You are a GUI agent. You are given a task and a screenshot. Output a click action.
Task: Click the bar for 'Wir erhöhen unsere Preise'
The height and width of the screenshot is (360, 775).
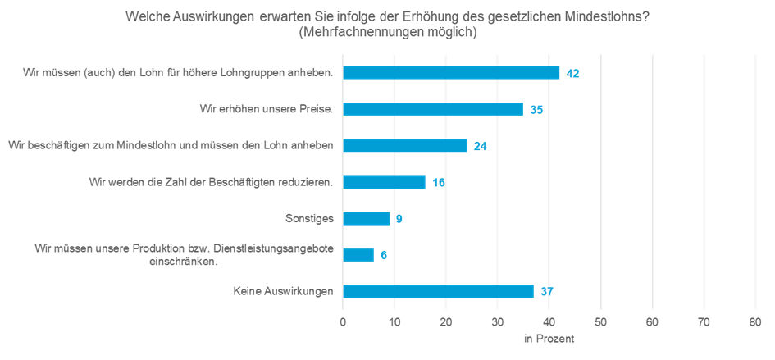click(432, 109)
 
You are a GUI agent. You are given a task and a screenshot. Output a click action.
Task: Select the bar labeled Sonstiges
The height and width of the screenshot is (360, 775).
click(366, 218)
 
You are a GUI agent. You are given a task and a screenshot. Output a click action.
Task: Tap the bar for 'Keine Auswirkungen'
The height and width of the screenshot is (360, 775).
click(438, 291)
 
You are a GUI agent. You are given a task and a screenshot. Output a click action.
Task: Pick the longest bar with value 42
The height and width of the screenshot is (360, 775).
click(451, 73)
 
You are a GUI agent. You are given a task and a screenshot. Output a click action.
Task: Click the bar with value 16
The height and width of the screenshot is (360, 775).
click(384, 182)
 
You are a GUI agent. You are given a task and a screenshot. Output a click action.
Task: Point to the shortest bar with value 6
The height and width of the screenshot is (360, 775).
click(358, 255)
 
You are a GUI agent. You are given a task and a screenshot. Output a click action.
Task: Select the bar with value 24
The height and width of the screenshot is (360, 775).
click(404, 146)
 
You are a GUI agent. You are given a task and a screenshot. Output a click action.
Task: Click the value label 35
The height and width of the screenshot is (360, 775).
click(536, 110)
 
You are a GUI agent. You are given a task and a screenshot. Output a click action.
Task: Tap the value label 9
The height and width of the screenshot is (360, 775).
click(399, 219)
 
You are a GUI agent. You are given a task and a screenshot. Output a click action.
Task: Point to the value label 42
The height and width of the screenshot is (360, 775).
click(572, 74)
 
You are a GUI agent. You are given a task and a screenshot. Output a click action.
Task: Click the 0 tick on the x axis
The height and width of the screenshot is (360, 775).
click(343, 322)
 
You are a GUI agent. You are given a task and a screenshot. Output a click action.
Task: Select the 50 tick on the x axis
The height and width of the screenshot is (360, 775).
click(600, 322)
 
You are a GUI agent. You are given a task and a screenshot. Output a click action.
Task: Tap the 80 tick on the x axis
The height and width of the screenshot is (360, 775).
click(755, 322)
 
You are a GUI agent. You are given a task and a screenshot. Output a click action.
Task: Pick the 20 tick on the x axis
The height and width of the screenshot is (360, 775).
click(446, 322)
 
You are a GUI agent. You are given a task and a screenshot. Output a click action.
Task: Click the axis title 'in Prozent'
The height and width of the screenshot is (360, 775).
click(549, 338)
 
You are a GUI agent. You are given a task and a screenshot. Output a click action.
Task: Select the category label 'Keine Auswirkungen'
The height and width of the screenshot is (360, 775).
click(284, 291)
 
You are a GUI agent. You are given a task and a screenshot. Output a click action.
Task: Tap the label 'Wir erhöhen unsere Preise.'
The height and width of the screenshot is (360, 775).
click(267, 109)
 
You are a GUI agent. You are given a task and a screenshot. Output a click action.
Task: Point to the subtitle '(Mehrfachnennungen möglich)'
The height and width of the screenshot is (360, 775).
click(388, 33)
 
